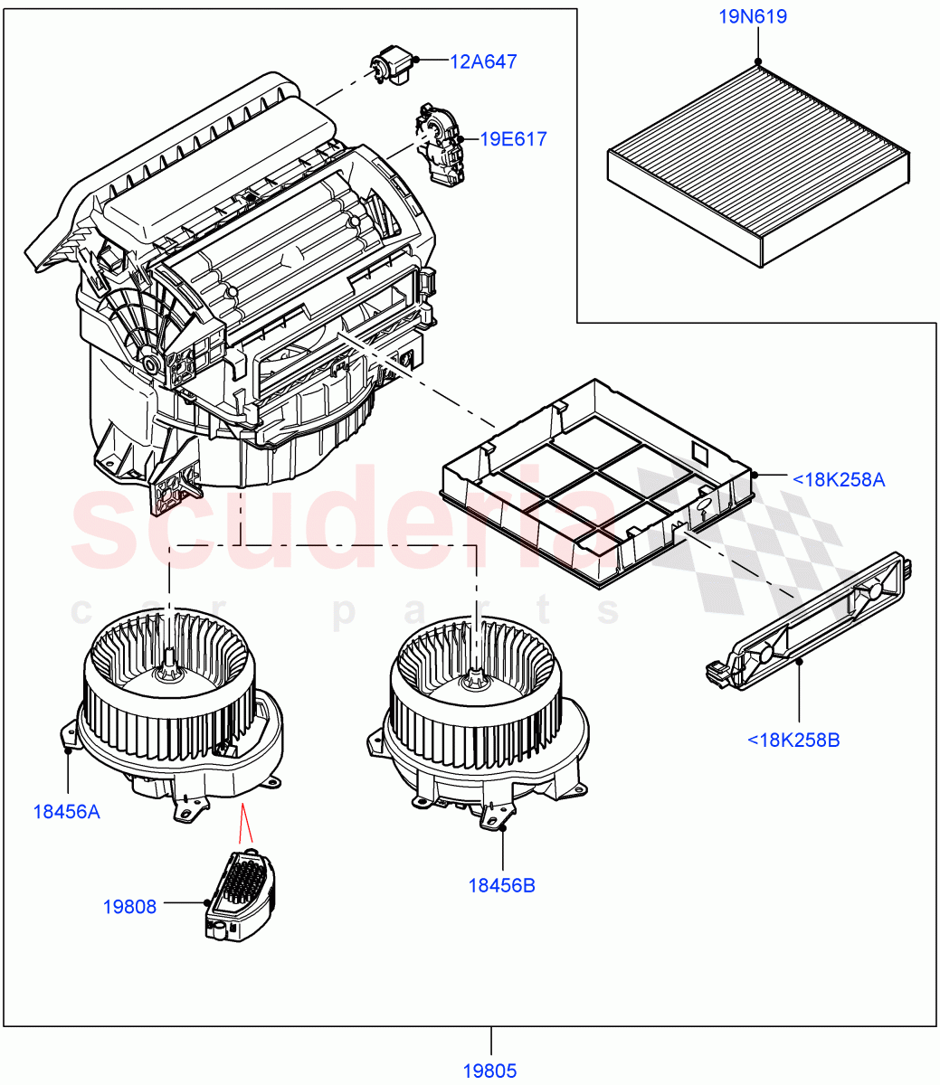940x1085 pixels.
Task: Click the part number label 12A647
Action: pyautogui.click(x=483, y=61)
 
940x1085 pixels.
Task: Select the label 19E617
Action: pyautogui.click(x=513, y=139)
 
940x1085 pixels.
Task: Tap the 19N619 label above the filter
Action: pyautogui.click(x=753, y=16)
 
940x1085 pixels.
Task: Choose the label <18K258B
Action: pyautogui.click(x=793, y=740)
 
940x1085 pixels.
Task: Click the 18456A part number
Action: pyautogui.click(x=67, y=811)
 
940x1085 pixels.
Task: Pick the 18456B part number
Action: pyautogui.click(x=501, y=885)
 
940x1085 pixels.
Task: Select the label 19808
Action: pyautogui.click(x=129, y=906)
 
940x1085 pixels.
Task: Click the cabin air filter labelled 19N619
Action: pyautogui.click(x=758, y=163)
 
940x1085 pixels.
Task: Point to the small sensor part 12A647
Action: pyautogui.click(x=390, y=68)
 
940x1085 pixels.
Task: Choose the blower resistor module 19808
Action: pyautogui.click(x=240, y=895)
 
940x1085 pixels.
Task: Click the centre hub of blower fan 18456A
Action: pyautogui.click(x=168, y=669)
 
